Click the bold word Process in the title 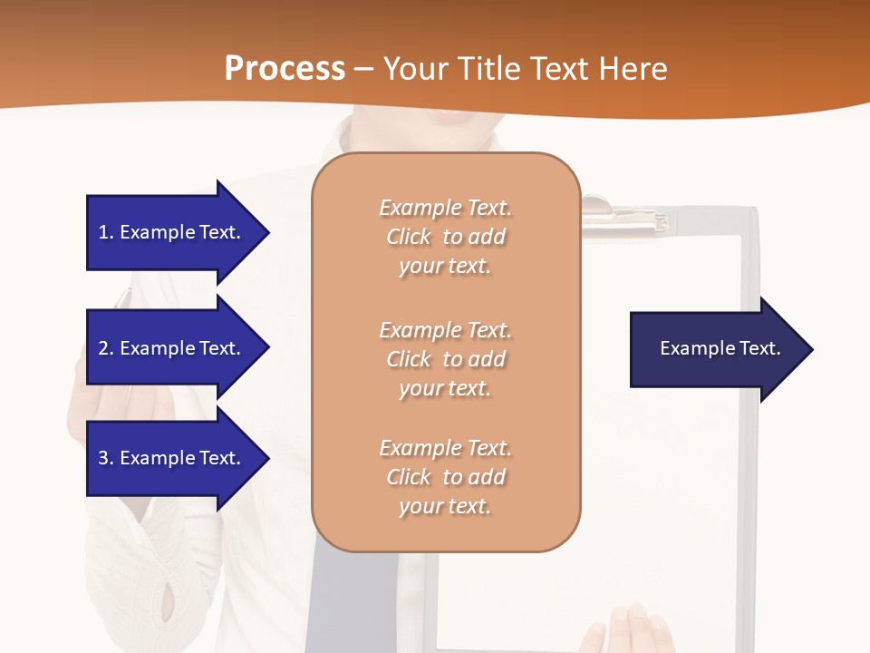point(285,69)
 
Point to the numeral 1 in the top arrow point(103,232)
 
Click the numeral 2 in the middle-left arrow point(103,348)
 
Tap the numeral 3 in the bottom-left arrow point(103,458)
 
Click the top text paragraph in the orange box point(446,237)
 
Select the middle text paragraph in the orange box point(446,359)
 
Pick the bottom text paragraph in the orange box point(446,477)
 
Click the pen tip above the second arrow point(124,295)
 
